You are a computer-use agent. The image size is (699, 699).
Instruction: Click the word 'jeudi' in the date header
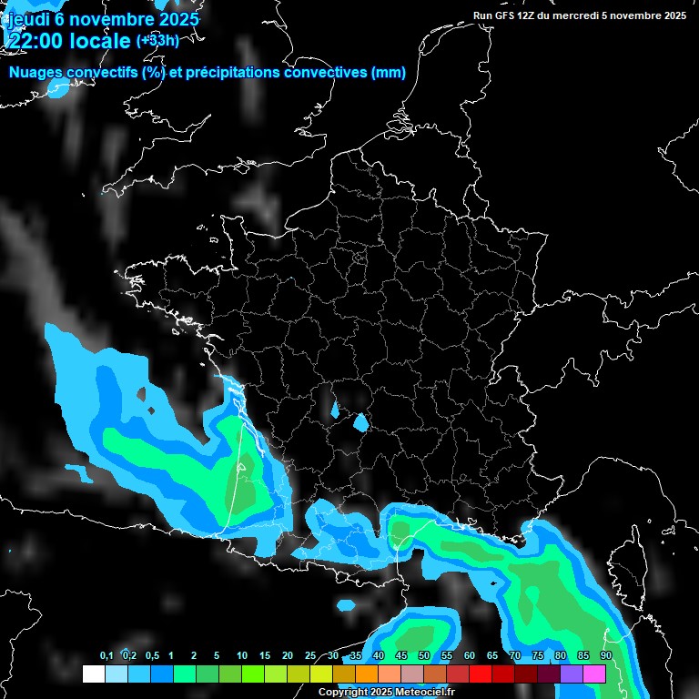point(28,18)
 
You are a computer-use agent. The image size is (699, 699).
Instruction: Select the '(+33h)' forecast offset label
point(157,40)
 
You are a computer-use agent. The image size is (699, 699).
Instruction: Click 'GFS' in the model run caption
point(512,15)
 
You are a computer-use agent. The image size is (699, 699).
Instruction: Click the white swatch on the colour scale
point(93,674)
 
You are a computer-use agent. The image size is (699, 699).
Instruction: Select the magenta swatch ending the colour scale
point(594,674)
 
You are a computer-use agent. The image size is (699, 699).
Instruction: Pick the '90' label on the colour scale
point(606,656)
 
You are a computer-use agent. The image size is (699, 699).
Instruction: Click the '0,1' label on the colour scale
point(106,656)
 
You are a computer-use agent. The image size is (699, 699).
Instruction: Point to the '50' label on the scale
point(424,656)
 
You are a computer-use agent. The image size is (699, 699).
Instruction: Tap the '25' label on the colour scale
point(310,656)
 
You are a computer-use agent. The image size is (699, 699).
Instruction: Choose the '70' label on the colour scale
point(515,656)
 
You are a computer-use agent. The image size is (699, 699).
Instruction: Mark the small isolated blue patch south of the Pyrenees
point(346,604)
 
